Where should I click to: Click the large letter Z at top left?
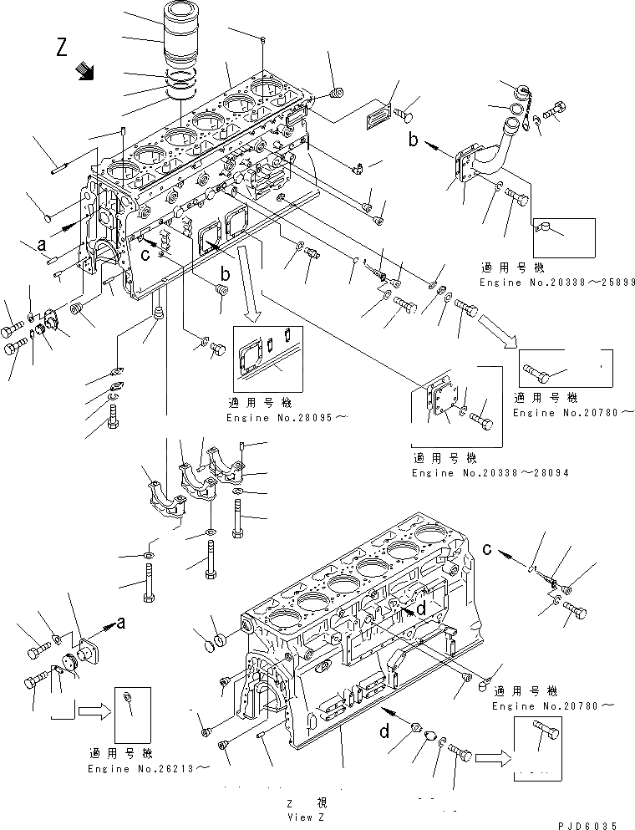click(63, 48)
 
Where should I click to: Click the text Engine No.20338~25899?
click(557, 283)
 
